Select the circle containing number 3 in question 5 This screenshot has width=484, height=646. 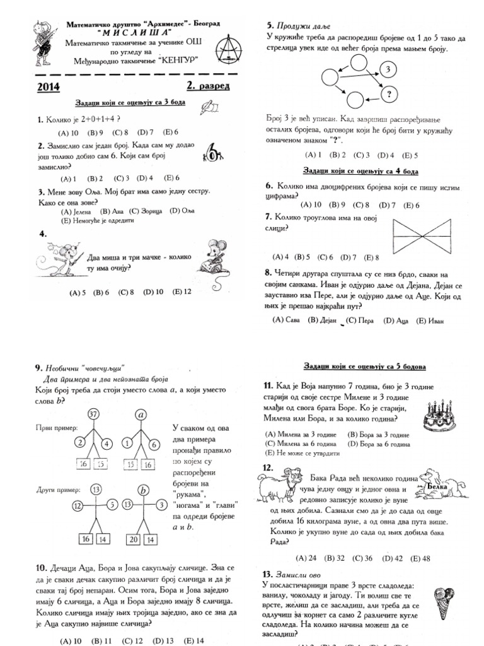pyautogui.click(x=388, y=69)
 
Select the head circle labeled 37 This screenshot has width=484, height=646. pyautogui.click(x=94, y=414)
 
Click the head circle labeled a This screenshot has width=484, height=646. pyautogui.click(x=141, y=414)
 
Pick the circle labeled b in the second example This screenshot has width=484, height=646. pyautogui.click(x=143, y=490)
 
